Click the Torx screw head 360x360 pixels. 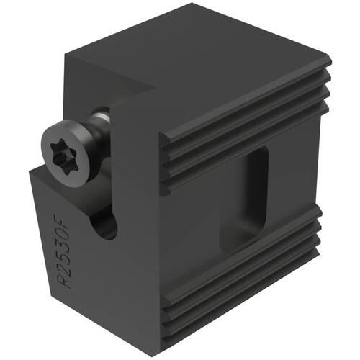(x=68, y=153)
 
